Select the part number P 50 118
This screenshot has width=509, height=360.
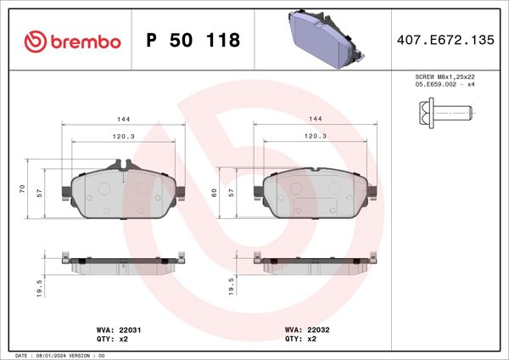pos(193,41)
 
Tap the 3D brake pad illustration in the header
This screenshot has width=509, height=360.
pos(325,39)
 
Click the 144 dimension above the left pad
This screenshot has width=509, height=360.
pos(123,121)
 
